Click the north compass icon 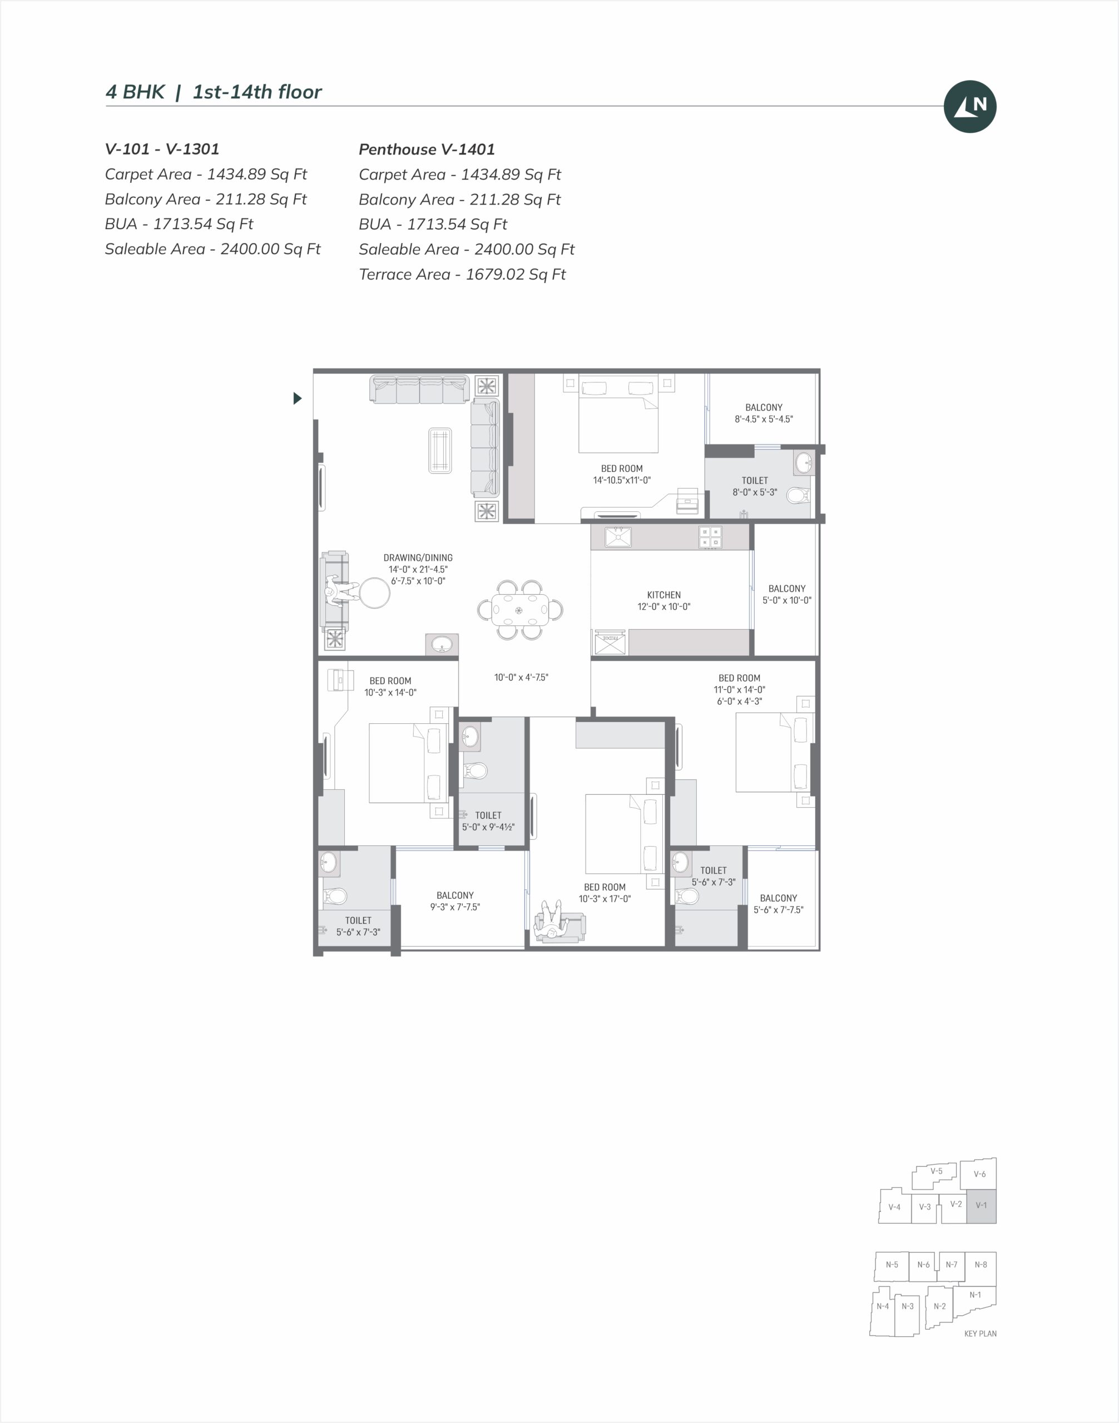pyautogui.click(x=969, y=106)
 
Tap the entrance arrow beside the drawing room pyautogui.click(x=298, y=397)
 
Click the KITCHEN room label pyautogui.click(x=664, y=595)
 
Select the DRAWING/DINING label pyautogui.click(x=418, y=558)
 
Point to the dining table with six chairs pyautogui.click(x=519, y=610)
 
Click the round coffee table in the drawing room pyautogui.click(x=374, y=593)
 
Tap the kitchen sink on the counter pyautogui.click(x=618, y=536)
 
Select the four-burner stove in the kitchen pyautogui.click(x=710, y=537)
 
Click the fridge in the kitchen pyautogui.click(x=610, y=643)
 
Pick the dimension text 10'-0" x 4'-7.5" pyautogui.click(x=521, y=677)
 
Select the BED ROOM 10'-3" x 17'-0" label pyautogui.click(x=605, y=893)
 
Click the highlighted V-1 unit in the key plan pyautogui.click(x=982, y=1206)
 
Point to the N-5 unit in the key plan pyautogui.click(x=892, y=1265)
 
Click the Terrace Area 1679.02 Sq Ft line pyautogui.click(x=462, y=275)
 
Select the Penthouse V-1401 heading pyautogui.click(x=427, y=150)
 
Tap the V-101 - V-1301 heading pyautogui.click(x=162, y=148)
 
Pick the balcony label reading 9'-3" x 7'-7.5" pyautogui.click(x=455, y=901)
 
